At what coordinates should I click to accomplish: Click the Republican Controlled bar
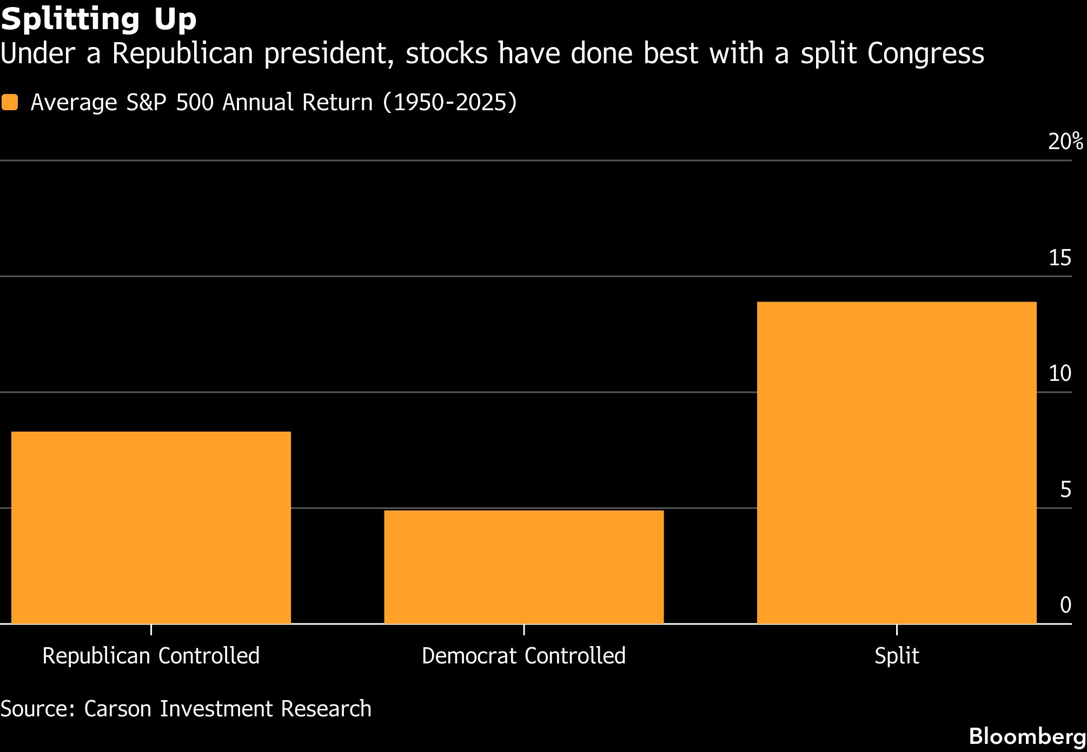click(x=151, y=528)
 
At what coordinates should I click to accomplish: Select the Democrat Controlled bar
click(x=524, y=567)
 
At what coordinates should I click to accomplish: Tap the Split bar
click(x=897, y=463)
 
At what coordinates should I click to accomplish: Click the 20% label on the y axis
click(x=1066, y=142)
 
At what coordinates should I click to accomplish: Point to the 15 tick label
click(x=1060, y=258)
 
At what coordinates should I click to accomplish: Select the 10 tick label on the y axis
click(x=1060, y=373)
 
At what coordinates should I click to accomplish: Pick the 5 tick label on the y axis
click(x=1066, y=489)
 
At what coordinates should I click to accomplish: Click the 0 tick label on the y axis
click(x=1066, y=605)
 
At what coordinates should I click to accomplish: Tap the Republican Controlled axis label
click(x=151, y=656)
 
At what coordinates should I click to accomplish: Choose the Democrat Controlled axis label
click(x=523, y=656)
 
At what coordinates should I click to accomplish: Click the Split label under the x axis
click(x=897, y=656)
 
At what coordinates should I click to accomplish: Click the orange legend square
click(x=10, y=102)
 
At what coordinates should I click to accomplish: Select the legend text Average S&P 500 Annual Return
click(x=202, y=102)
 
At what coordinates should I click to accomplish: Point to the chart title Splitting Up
click(x=98, y=19)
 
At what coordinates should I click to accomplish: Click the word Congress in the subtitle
click(x=926, y=54)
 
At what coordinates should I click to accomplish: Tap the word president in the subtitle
click(x=329, y=54)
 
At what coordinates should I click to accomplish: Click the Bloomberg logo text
click(x=1028, y=736)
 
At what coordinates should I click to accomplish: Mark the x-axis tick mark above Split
click(x=897, y=629)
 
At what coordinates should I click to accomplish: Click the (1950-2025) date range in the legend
click(x=450, y=102)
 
